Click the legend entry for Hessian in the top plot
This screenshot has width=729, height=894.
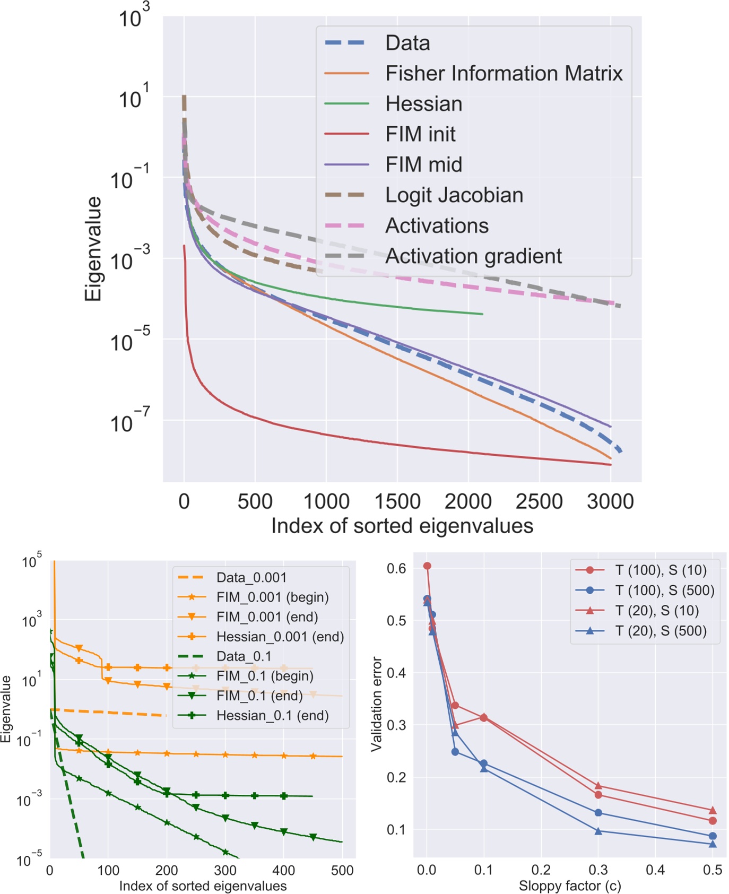(423, 104)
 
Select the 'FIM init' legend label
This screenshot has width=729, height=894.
(420, 134)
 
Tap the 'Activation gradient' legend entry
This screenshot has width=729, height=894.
(473, 256)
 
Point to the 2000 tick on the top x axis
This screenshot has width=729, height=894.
(468, 501)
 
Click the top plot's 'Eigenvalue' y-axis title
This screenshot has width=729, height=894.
(93, 249)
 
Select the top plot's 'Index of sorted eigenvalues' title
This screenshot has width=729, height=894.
(402, 526)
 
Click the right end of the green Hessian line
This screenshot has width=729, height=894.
(482, 314)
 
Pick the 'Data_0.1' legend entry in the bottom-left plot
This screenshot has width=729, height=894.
(244, 656)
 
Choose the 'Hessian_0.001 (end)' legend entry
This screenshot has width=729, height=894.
(280, 637)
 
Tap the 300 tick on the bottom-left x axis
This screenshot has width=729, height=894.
(225, 871)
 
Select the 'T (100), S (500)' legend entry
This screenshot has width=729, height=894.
(664, 591)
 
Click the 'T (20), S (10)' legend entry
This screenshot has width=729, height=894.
(657, 611)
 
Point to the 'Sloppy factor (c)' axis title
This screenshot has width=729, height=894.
(569, 886)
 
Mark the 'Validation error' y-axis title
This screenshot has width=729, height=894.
(377, 704)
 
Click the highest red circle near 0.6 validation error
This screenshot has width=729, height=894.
(427, 566)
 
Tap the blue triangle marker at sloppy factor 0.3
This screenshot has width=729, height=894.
(598, 831)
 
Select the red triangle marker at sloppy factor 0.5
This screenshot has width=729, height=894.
(713, 810)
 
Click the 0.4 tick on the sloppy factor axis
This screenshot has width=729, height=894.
(655, 870)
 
